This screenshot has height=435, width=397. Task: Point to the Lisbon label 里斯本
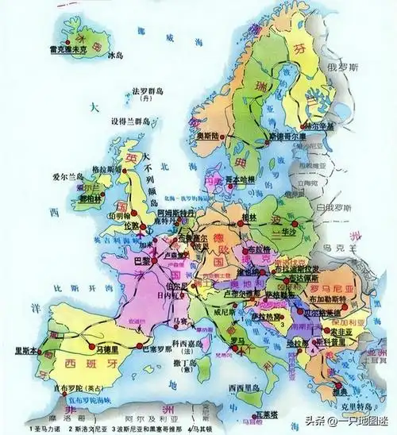pos(22,351)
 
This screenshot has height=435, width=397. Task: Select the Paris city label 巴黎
pos(143,260)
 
